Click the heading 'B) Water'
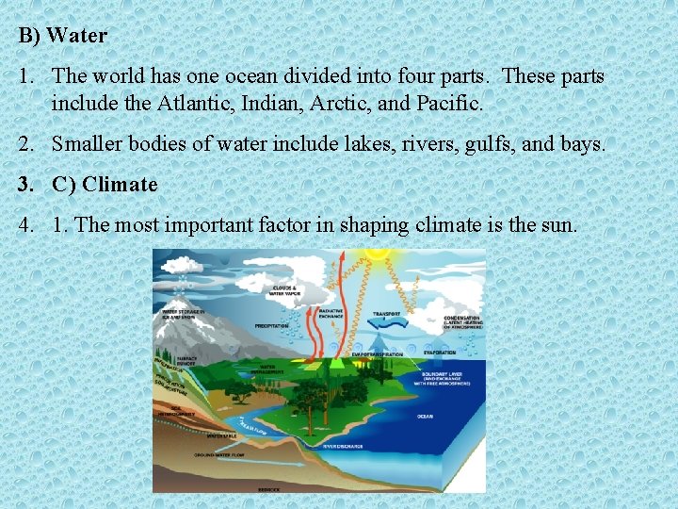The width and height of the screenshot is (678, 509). point(63,37)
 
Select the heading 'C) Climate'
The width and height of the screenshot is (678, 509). point(105,185)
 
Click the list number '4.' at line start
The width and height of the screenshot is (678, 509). point(26,225)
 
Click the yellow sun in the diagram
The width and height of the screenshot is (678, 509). point(378,253)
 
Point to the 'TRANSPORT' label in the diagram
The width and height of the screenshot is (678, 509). point(386,314)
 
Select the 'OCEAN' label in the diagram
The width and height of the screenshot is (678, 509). point(425,416)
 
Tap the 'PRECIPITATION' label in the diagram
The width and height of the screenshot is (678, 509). point(272,326)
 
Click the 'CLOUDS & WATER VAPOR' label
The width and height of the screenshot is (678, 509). point(283,289)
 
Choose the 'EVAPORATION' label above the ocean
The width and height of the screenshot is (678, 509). point(439,353)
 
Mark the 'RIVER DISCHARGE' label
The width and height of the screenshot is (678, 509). point(342,446)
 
